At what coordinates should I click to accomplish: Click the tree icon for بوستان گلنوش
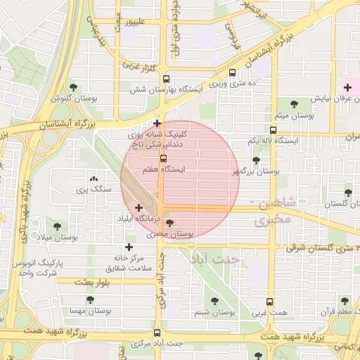point(73,87)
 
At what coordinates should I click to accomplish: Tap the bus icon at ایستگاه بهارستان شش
point(166,79)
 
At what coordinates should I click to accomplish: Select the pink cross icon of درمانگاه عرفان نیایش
point(348,87)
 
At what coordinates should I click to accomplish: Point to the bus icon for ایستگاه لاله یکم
point(273,130)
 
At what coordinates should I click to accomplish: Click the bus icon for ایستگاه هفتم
point(163,159)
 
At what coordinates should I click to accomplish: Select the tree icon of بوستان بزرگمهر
point(256,160)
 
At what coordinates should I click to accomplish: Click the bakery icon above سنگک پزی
point(94,179)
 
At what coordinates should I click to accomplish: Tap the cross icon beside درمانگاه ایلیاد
point(139,208)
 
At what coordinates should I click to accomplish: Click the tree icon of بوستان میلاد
point(57,226)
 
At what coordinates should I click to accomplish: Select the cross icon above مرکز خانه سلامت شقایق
point(129,247)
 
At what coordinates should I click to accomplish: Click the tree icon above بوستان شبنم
point(214,301)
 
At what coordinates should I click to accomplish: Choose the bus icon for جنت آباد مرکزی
point(157,333)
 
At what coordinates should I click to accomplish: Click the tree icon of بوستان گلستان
point(348,192)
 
